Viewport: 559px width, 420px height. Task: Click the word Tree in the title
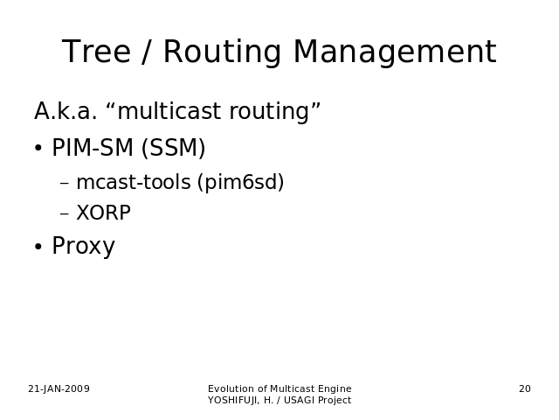(96, 52)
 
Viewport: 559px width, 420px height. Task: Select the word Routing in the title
(222, 52)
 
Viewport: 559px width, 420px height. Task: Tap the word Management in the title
(395, 52)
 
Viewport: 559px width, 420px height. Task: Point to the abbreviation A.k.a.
(66, 111)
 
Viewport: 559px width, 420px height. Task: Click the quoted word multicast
(170, 111)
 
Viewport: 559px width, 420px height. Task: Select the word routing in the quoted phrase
(269, 112)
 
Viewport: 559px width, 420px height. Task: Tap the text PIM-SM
(93, 147)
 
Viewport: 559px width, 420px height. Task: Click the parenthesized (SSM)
(174, 148)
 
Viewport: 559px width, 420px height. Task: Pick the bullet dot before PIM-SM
(38, 148)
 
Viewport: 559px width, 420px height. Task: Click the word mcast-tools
(134, 182)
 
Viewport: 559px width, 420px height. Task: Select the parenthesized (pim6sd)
(241, 182)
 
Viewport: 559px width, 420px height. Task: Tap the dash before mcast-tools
(65, 184)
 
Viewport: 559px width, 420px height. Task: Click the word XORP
(104, 213)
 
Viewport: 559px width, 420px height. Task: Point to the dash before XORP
(65, 213)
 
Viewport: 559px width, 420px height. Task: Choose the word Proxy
(84, 246)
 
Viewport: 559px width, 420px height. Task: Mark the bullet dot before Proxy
(38, 247)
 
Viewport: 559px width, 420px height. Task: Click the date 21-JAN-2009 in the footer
(59, 388)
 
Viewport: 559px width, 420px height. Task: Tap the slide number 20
(525, 388)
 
